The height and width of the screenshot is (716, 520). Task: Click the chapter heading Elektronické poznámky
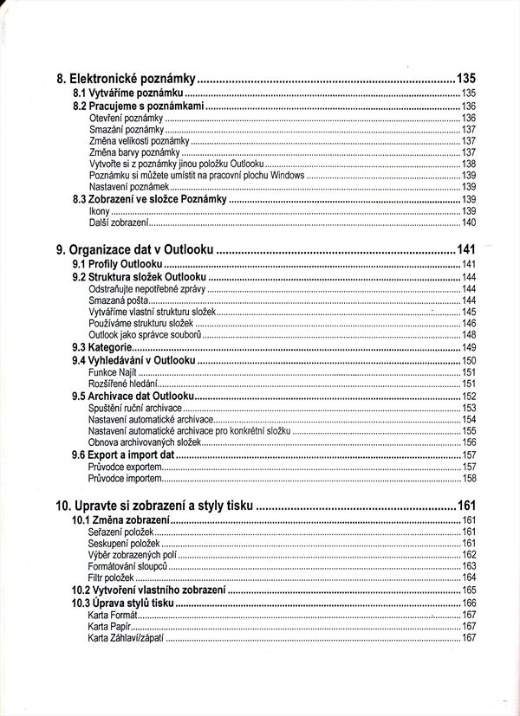(125, 77)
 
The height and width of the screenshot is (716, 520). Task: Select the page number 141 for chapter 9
(467, 249)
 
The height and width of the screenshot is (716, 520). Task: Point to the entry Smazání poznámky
(127, 129)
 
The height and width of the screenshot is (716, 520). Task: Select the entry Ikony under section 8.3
(99, 210)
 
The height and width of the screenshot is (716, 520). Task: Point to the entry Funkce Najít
(113, 371)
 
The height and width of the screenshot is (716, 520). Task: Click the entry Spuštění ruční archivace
(135, 407)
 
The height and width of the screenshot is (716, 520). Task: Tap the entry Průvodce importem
(125, 478)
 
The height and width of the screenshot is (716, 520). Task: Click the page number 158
(469, 478)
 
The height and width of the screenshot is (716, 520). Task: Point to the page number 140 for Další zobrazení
(469, 223)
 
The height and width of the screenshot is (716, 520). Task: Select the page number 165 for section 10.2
(469, 590)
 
